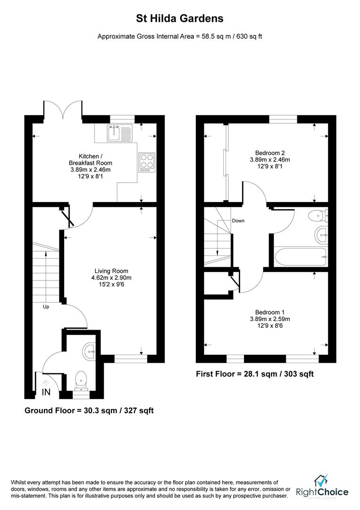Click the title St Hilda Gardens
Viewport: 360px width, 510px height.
coord(180,19)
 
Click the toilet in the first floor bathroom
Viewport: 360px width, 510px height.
coord(317,216)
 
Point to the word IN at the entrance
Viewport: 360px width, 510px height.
coord(46,392)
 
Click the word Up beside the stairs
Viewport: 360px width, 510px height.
coord(45,306)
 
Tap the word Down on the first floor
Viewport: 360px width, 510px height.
coord(238,221)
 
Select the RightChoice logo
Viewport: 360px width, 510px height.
coord(322,487)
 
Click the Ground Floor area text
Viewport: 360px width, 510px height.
coord(89,411)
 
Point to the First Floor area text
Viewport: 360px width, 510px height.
coord(255,374)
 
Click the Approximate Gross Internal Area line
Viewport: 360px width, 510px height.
coord(180,36)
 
